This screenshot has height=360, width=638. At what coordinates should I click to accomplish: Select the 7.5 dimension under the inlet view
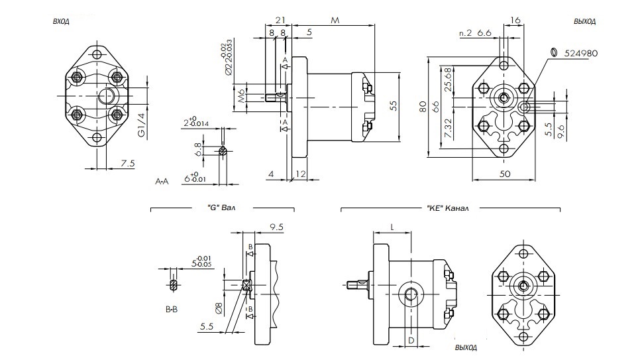pyautogui.click(x=128, y=163)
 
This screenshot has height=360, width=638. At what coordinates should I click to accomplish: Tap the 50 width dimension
pyautogui.click(x=504, y=174)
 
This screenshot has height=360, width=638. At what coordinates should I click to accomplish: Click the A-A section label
pyautogui.click(x=162, y=180)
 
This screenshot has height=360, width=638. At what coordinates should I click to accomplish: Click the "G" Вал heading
pyautogui.click(x=217, y=208)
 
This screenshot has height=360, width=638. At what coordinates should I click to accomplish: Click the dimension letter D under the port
pyautogui.click(x=411, y=340)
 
